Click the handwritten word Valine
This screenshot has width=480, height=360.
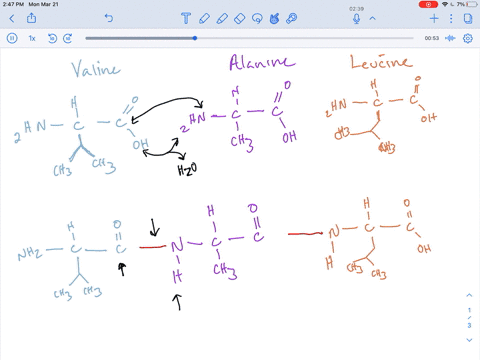tap(95, 70)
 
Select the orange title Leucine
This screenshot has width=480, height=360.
tap(380, 63)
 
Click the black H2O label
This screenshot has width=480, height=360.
tap(187, 170)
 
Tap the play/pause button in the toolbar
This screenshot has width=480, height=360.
tap(12, 38)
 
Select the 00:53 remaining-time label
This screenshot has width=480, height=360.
tap(432, 38)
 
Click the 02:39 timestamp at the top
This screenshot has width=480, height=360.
tap(356, 9)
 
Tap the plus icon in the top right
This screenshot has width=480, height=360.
tap(435, 18)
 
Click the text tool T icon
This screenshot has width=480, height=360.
tap(186, 18)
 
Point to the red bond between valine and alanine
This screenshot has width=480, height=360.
tap(152, 245)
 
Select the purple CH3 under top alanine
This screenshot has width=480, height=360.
tap(237, 143)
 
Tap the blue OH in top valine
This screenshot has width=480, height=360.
tap(141, 145)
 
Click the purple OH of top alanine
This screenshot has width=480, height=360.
tap(289, 137)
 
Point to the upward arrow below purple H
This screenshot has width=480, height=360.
tap(178, 302)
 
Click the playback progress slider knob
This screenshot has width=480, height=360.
tap(194, 38)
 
